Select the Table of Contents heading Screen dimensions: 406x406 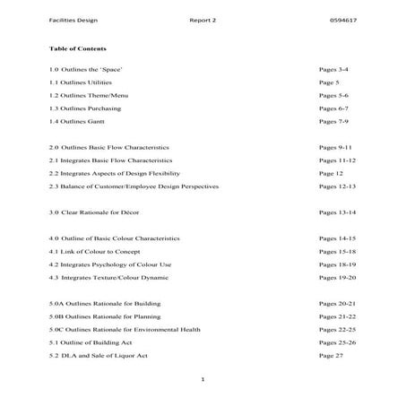pos(79,48)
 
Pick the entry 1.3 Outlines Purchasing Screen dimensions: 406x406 pos(85,108)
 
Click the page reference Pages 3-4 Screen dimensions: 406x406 pos(334,68)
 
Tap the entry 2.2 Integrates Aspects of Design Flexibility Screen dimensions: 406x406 pos(115,172)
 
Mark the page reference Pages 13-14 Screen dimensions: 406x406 pos(338,212)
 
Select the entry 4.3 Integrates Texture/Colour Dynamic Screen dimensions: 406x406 pos(108,278)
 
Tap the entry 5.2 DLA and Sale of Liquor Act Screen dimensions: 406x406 pos(99,356)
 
